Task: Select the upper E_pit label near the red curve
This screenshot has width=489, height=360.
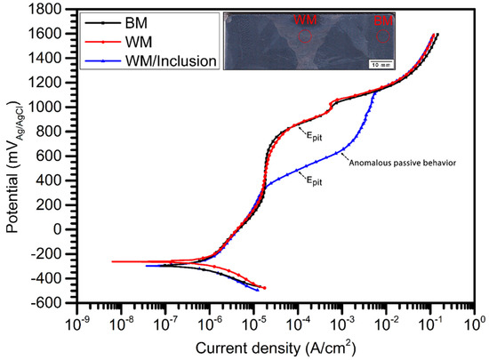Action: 316,135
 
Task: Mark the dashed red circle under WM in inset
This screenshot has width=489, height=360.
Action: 305,37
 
